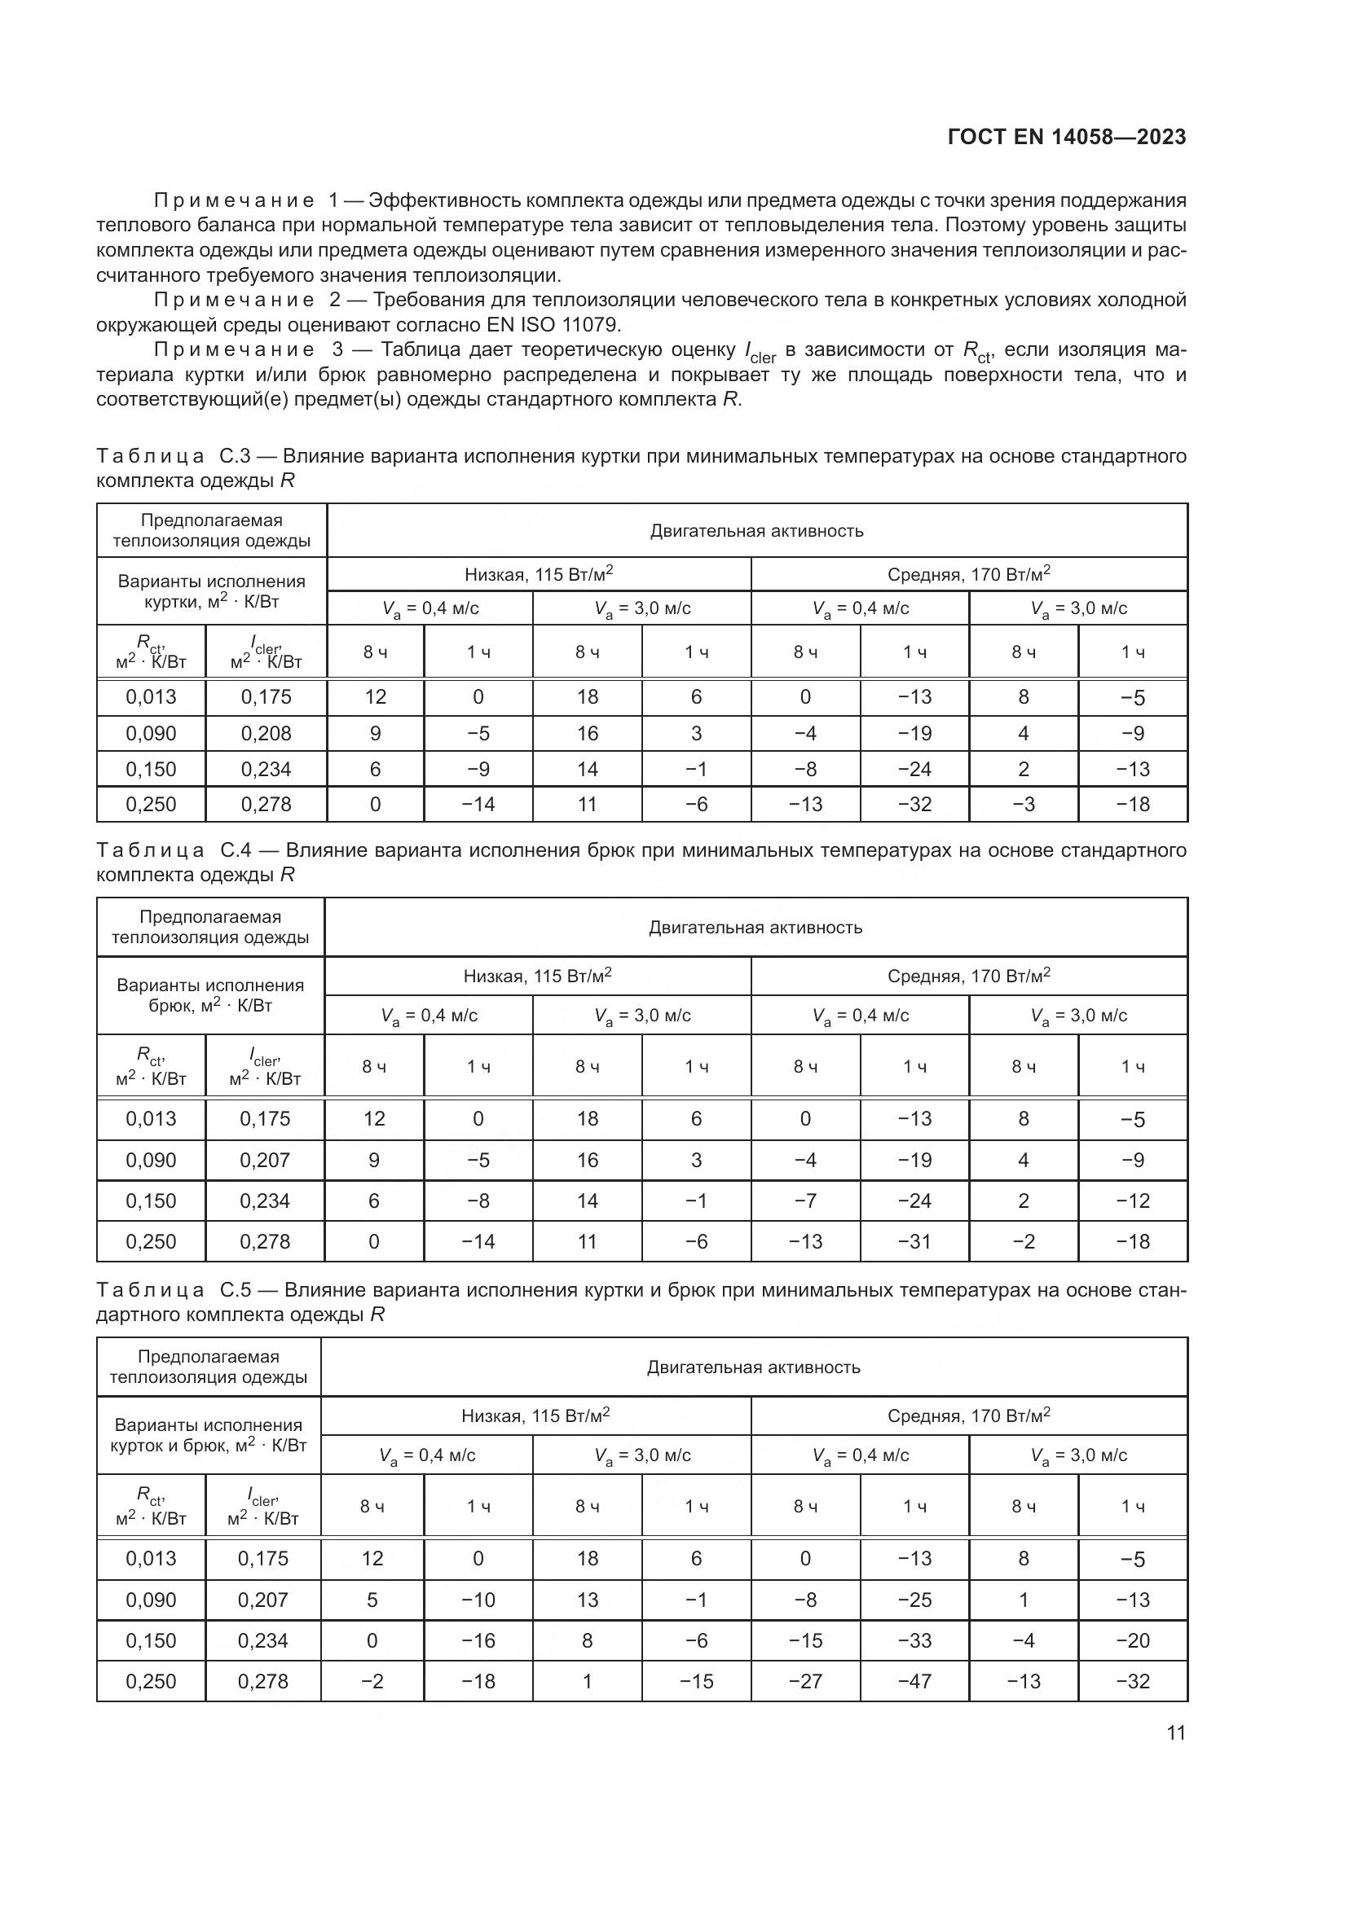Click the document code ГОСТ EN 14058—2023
point(1067,137)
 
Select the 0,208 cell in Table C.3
point(266,734)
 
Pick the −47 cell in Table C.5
point(914,1681)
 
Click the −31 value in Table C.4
point(914,1241)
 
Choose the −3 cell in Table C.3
point(1024,804)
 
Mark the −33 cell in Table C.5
point(914,1640)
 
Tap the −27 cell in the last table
point(805,1681)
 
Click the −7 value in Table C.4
point(805,1201)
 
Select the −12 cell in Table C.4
point(1133,1201)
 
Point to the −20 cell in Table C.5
point(1133,1640)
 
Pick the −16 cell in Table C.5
point(478,1640)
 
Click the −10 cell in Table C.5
point(478,1600)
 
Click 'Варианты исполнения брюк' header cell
point(210,994)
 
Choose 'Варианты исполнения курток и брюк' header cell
point(209,1434)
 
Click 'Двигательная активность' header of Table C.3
point(756,531)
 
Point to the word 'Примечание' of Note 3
point(234,350)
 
